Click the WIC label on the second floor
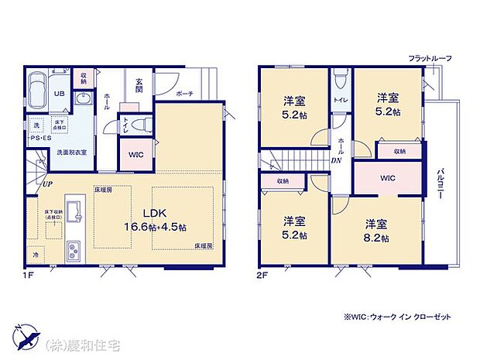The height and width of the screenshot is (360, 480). [388, 178]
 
